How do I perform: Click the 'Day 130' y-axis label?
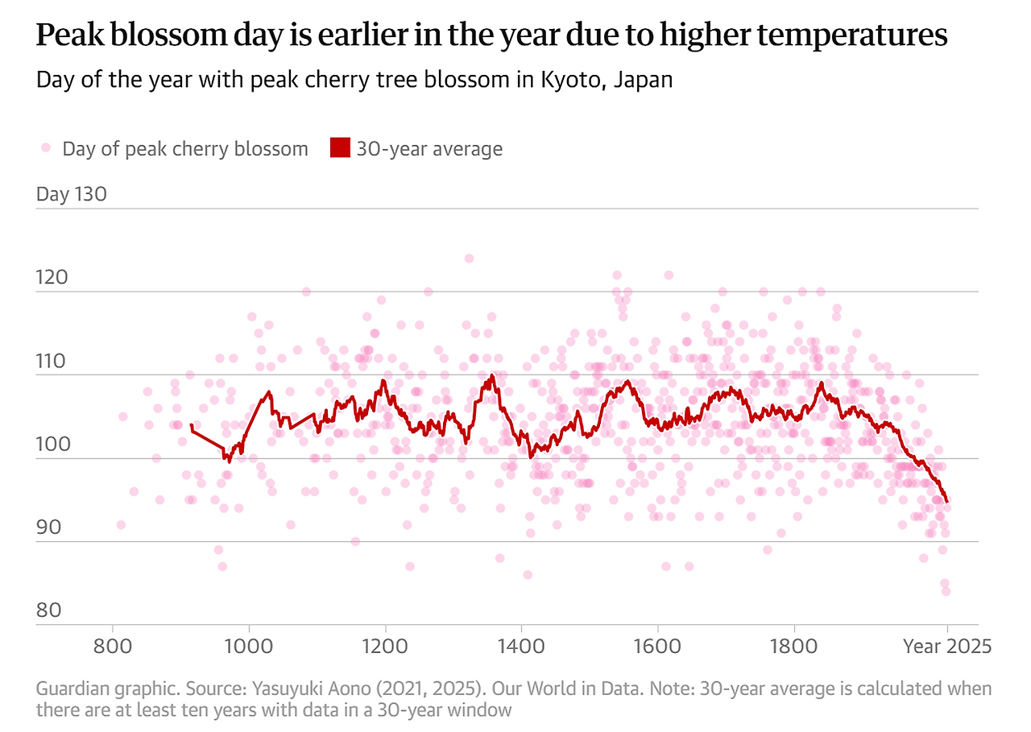pyautogui.click(x=72, y=194)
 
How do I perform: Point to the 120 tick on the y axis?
pyautogui.click(x=52, y=278)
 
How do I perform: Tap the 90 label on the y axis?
pyautogui.click(x=49, y=527)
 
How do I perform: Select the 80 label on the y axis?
pyautogui.click(x=49, y=610)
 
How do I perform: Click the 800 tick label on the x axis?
pyautogui.click(x=112, y=647)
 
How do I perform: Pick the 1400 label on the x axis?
pyautogui.click(x=521, y=647)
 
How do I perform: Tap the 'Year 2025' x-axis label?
pyautogui.click(x=947, y=647)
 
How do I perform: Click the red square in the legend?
pyautogui.click(x=340, y=147)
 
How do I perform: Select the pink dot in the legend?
pyautogui.click(x=46, y=147)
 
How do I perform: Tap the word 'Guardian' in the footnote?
pyautogui.click(x=72, y=689)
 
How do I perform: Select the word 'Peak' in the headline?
pyautogui.click(x=70, y=35)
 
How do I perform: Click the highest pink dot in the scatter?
pyautogui.click(x=469, y=258)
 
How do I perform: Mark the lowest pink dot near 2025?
pyautogui.click(x=946, y=591)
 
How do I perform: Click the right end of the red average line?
pyautogui.click(x=946, y=502)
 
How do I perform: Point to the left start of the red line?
pyautogui.click(x=191, y=424)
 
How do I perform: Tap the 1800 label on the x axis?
pyautogui.click(x=794, y=647)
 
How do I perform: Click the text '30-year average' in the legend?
pyautogui.click(x=430, y=149)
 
